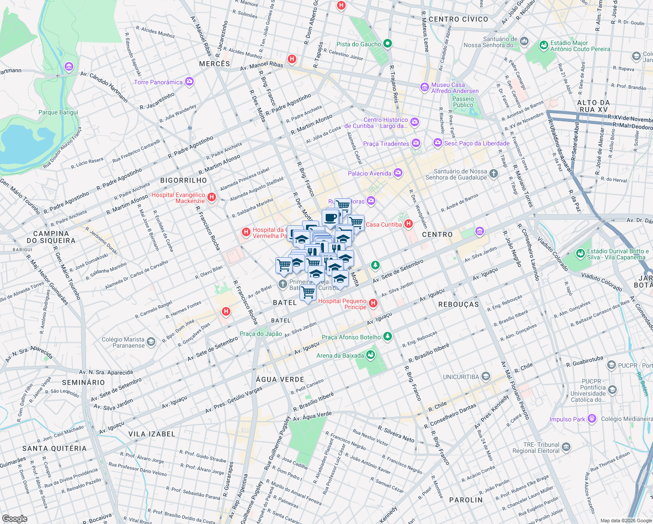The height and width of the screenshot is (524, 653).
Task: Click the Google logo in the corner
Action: coord(14,518)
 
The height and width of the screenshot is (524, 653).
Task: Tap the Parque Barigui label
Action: coord(58,112)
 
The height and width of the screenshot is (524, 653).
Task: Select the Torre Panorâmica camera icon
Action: coord(189,82)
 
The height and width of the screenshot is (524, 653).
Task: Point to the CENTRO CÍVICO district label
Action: coord(458,19)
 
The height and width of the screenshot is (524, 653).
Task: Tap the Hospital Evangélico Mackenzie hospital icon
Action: coord(212,197)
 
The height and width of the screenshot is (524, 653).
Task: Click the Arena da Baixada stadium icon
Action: coord(371,355)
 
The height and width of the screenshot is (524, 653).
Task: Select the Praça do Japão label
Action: coord(261,334)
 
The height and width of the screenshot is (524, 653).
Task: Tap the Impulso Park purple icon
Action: coord(592,419)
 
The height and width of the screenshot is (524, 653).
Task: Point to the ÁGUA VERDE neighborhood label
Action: coord(280,379)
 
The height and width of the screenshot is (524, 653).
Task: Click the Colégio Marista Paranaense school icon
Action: coord(151,342)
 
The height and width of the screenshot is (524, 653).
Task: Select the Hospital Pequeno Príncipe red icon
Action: coord(373,303)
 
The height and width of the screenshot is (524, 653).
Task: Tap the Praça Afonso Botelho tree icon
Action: coord(387,337)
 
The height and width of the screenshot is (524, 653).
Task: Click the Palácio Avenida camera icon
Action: coord(398,173)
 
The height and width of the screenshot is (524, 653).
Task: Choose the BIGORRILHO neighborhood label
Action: coord(183,180)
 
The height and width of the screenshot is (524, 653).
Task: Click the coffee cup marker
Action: coord(330,217)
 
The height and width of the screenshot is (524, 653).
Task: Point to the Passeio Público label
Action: coord(463,102)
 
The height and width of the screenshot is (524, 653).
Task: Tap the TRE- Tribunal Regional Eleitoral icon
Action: coord(566,447)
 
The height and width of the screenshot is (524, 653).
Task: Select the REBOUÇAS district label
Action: coord(458,304)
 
